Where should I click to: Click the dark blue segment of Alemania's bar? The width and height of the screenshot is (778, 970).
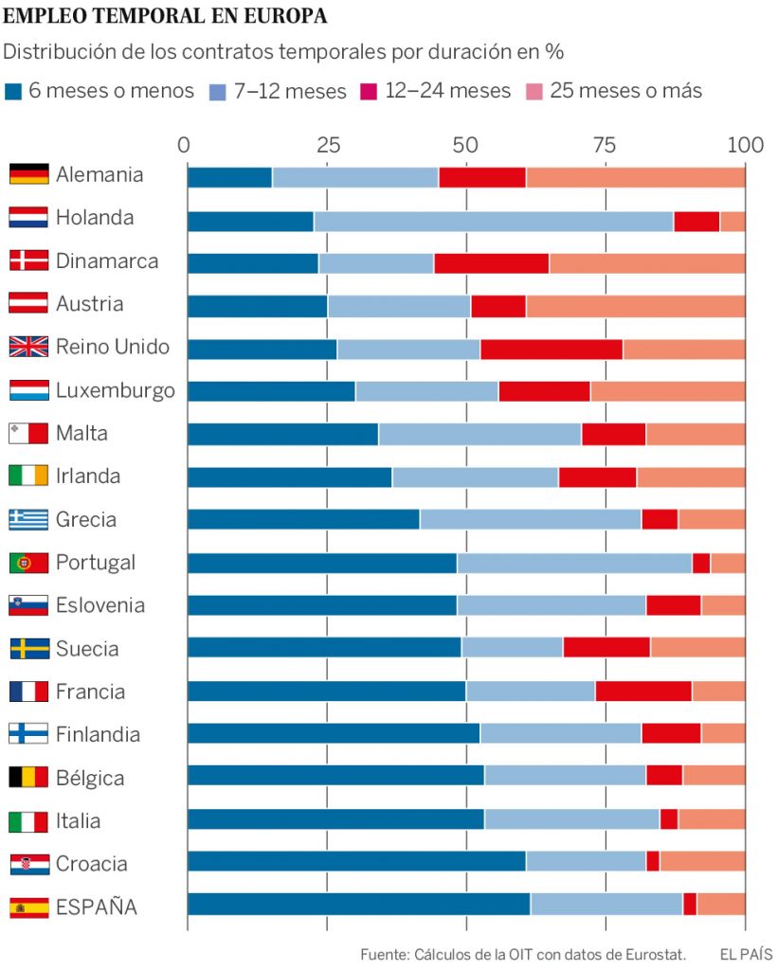coord(229,177)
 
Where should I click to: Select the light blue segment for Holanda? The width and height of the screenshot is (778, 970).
coord(493,221)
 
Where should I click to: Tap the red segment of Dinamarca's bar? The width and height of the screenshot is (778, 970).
coord(491,263)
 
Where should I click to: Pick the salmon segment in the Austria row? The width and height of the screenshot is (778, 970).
coord(635,306)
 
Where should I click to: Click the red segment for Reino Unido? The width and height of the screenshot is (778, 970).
coord(551,349)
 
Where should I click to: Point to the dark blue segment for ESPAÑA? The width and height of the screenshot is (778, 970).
coord(358,904)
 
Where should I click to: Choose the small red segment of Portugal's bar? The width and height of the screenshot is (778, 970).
coord(700,563)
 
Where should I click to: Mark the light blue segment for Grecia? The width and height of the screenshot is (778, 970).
coord(530,519)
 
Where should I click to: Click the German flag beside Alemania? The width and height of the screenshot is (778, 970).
coord(28,174)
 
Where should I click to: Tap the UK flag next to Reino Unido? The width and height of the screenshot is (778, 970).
coord(28,347)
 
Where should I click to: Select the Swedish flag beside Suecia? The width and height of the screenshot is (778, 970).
coord(28,649)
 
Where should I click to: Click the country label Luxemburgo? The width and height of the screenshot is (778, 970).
coord(115,390)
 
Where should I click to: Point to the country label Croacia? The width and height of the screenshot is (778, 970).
coord(91,864)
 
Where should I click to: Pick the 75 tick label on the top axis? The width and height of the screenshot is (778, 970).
coord(605,145)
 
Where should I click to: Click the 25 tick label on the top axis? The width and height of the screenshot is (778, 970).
coord(328,145)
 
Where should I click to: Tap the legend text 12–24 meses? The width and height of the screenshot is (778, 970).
coord(447,91)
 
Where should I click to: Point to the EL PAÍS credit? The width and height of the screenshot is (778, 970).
coord(746,954)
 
